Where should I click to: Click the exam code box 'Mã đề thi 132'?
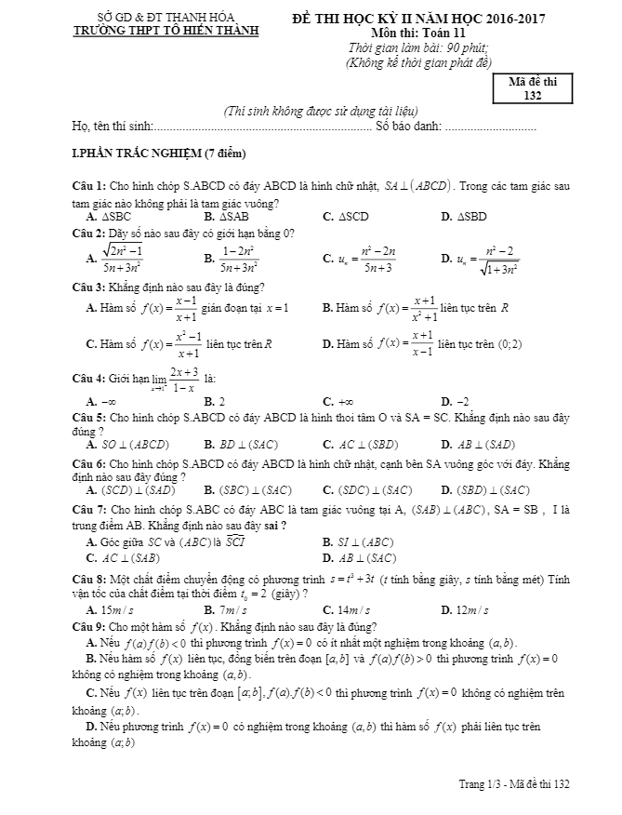(x=533, y=88)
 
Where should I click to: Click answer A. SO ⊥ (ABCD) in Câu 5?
(x=126, y=445)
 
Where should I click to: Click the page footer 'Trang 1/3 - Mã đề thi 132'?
(x=513, y=784)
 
